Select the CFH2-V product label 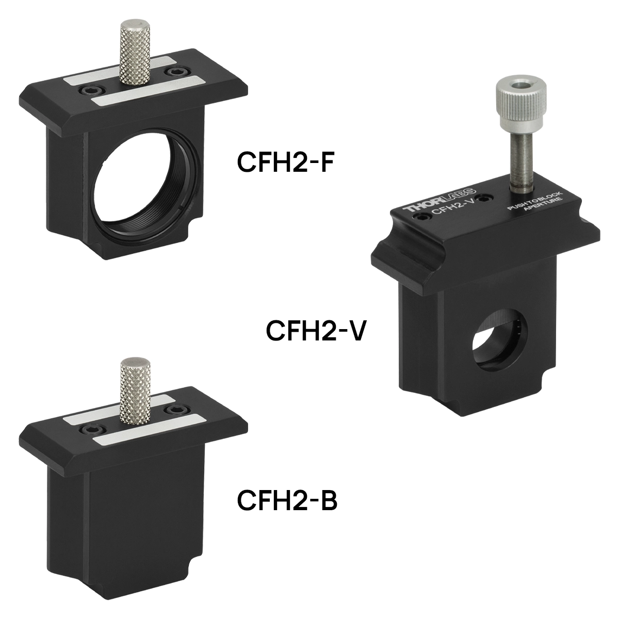pyautogui.click(x=315, y=331)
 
